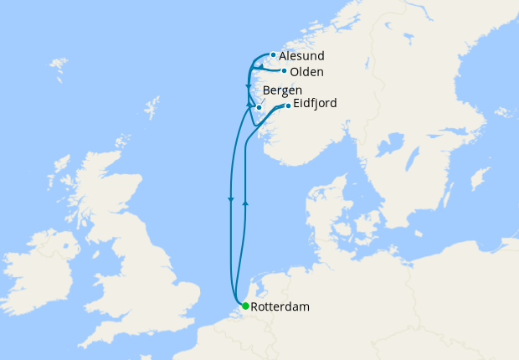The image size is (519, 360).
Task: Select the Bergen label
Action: (x=282, y=90)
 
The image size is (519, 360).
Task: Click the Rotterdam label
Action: (x=280, y=307)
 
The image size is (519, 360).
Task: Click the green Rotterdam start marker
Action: (x=244, y=306)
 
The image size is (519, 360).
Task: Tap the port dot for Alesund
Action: (x=273, y=55)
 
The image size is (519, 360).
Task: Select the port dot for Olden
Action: (x=285, y=71)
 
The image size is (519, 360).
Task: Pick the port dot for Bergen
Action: (x=259, y=107)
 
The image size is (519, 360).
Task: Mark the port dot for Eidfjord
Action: (x=288, y=105)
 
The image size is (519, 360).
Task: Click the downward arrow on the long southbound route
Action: (x=230, y=199)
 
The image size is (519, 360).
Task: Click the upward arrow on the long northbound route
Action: (x=244, y=202)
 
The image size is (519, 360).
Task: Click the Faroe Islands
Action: (x=58, y=64)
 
